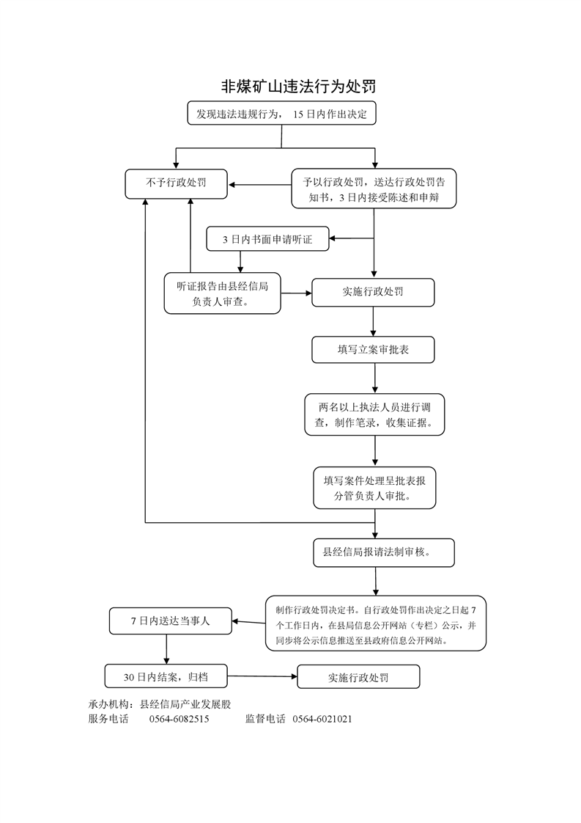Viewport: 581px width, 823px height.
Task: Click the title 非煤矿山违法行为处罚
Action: pyautogui.click(x=298, y=87)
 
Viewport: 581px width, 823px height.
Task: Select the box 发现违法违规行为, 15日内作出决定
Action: pyautogui.click(x=281, y=114)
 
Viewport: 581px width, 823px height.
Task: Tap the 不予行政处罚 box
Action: pyautogui.click(x=176, y=183)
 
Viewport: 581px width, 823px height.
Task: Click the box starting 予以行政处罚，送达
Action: pyautogui.click(x=374, y=189)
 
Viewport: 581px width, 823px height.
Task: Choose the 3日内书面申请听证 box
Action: pyautogui.click(x=268, y=239)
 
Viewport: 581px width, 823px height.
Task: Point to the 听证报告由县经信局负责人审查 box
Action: pyautogui.click(x=222, y=293)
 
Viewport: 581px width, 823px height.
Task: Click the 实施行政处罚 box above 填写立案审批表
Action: pyautogui.click(x=373, y=293)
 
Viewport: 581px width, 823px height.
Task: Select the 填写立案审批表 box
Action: pyautogui.click(x=373, y=350)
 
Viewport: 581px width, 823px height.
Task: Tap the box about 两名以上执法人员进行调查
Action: pyautogui.click(x=374, y=414)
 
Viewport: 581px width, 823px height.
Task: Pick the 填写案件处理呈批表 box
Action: pyautogui.click(x=374, y=488)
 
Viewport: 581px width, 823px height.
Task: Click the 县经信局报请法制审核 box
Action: pyautogui.click(x=384, y=552)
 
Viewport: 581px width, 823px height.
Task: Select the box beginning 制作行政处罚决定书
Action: pyautogui.click(x=375, y=623)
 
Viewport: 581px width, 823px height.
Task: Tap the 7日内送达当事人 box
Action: pyautogui.click(x=171, y=621)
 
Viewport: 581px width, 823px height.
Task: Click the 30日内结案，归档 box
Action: pyautogui.click(x=166, y=676)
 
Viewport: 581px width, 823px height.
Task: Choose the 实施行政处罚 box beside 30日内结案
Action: pyautogui.click(x=359, y=676)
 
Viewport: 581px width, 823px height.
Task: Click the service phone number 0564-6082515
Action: pyautogui.click(x=179, y=719)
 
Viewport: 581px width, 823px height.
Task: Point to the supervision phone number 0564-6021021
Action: pyautogui.click(x=322, y=719)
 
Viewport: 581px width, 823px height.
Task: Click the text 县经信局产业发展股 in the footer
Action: pyautogui.click(x=185, y=704)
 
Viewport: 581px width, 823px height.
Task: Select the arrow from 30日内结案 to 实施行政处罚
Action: pyautogui.click(x=262, y=676)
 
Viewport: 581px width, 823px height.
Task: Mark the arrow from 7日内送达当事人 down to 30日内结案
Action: pyautogui.click(x=167, y=649)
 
